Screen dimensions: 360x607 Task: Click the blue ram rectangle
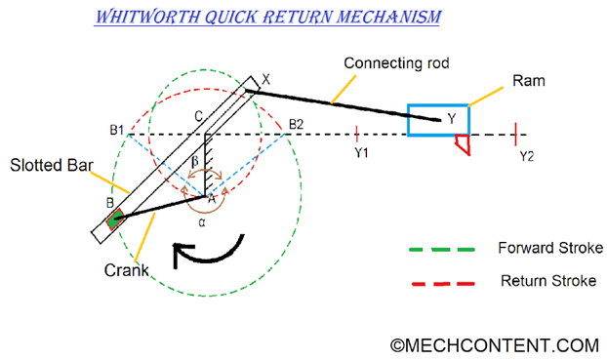438,119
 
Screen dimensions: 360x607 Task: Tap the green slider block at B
115,219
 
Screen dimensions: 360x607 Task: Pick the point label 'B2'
298,124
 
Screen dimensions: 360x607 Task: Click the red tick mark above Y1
359,133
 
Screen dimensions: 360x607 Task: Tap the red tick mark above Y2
515,133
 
